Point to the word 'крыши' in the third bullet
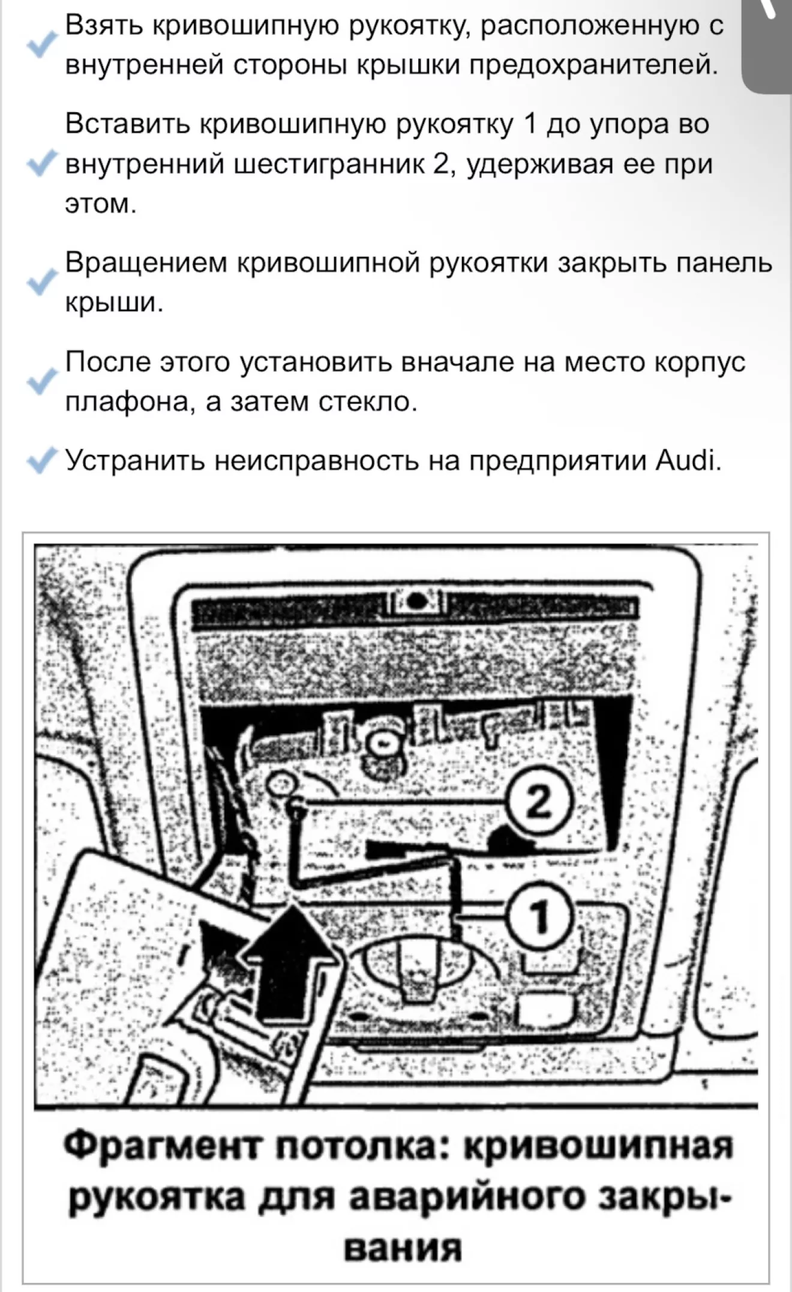[113, 303]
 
